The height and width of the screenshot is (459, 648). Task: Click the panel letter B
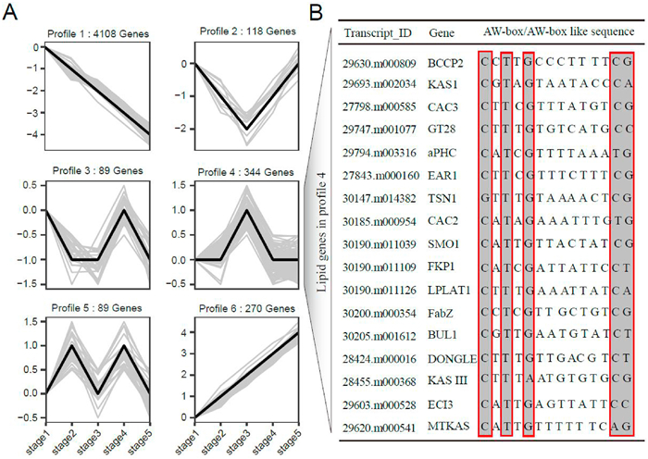[x=316, y=13]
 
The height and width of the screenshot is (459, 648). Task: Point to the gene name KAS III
[x=449, y=379]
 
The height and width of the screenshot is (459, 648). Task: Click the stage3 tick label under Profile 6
[x=240, y=438]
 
